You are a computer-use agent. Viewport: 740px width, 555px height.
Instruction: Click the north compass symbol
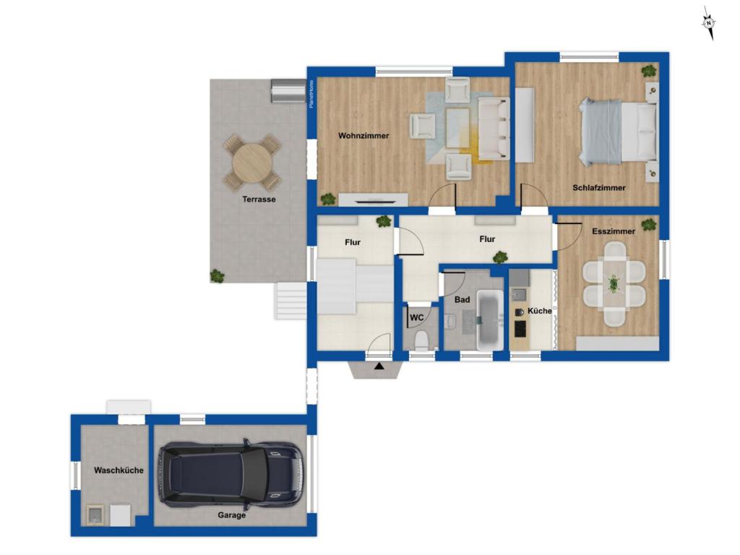click(x=709, y=22)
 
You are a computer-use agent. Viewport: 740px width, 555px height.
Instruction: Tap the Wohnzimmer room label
click(x=363, y=136)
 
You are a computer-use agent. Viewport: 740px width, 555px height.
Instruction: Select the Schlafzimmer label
click(x=599, y=188)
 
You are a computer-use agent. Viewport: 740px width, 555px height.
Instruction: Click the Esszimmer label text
click(x=614, y=232)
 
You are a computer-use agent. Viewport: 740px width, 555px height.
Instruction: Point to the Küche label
click(x=539, y=311)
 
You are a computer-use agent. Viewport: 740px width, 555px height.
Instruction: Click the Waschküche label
click(x=119, y=470)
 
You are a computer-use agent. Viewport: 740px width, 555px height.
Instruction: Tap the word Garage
click(x=232, y=515)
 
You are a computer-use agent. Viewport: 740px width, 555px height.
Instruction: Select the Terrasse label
click(x=259, y=199)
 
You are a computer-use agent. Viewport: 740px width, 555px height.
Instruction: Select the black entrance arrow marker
click(x=379, y=366)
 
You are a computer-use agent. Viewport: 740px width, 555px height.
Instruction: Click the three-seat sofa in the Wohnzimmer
click(x=494, y=129)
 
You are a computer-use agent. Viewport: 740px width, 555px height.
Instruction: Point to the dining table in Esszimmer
click(x=614, y=283)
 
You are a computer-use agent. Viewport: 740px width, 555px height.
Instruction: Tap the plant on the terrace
click(x=217, y=275)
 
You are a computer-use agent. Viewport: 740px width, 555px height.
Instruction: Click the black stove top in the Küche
click(x=520, y=329)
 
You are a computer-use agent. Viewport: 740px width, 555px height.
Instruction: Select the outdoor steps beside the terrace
click(x=291, y=301)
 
